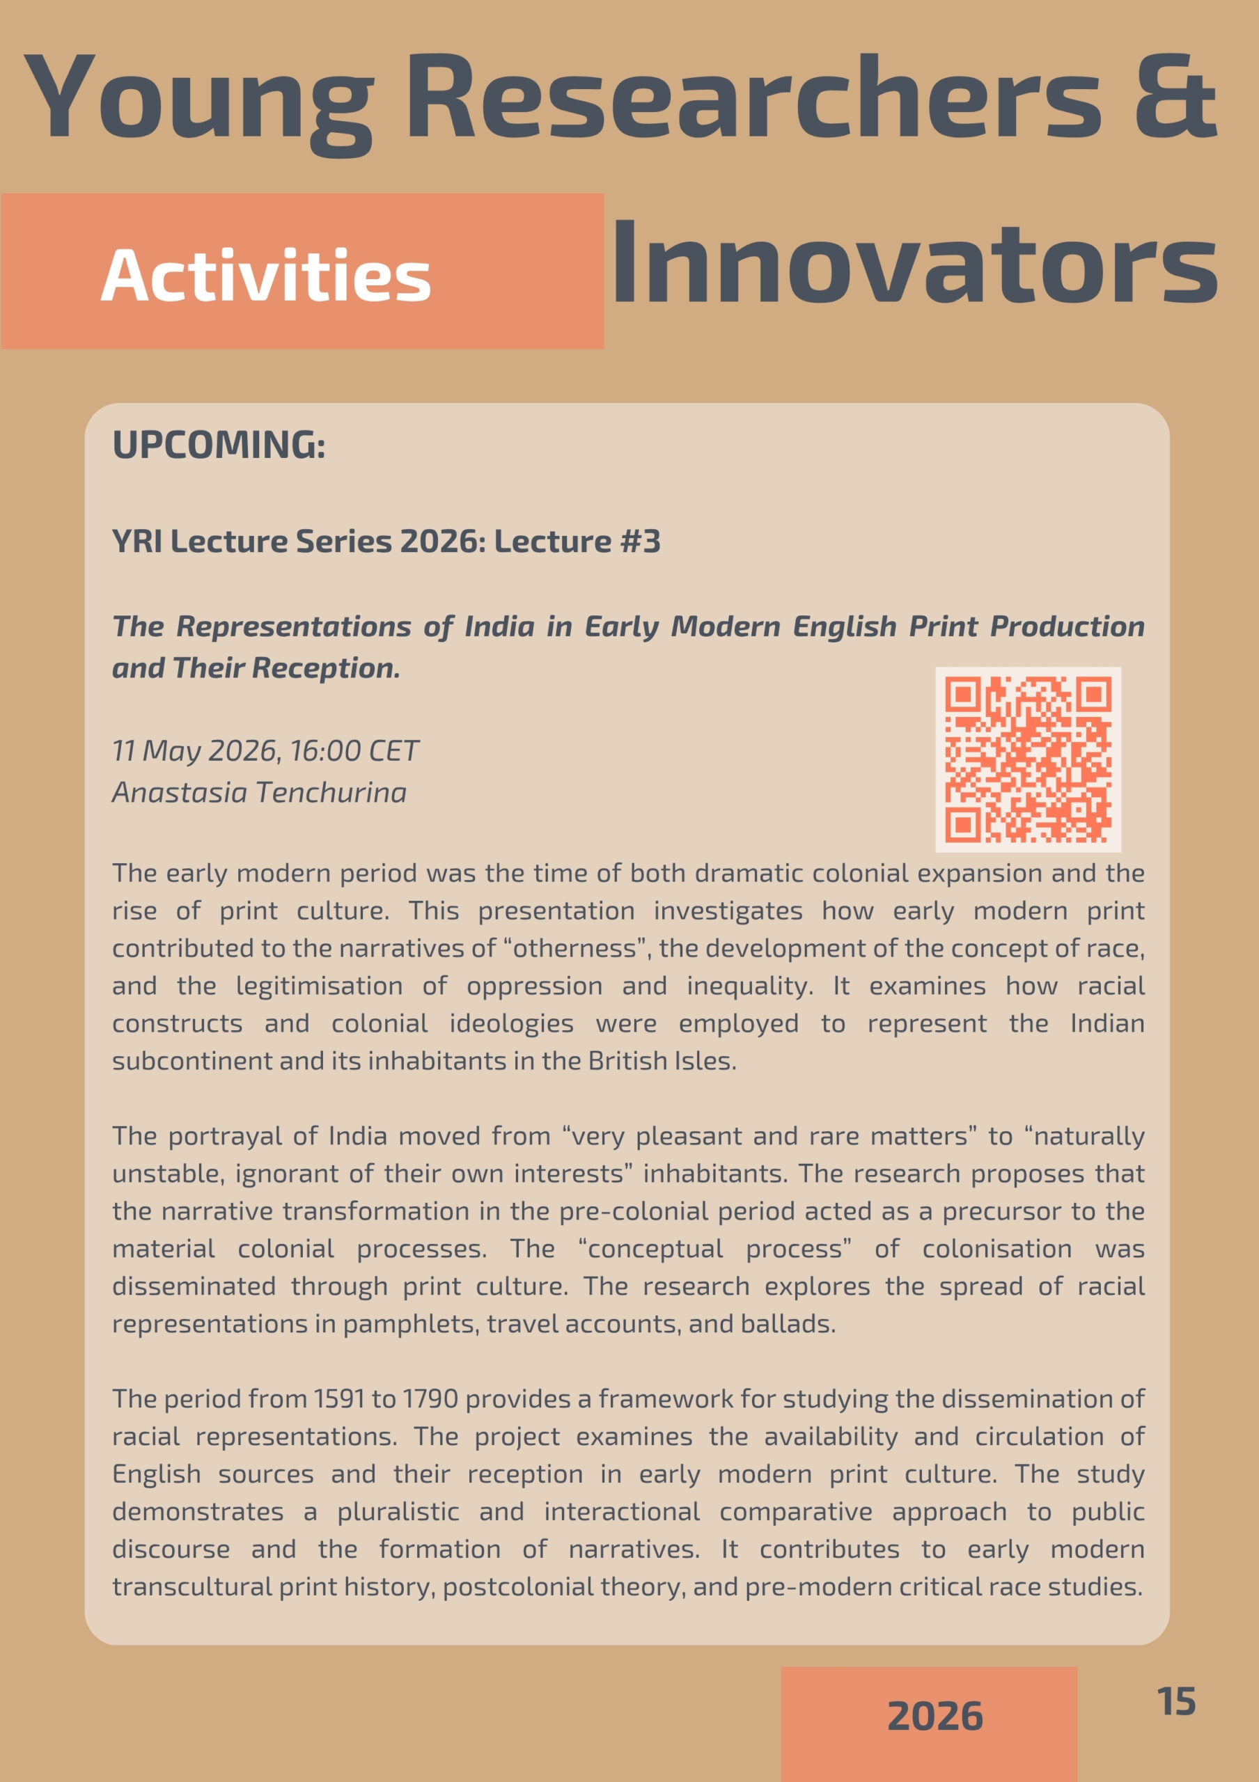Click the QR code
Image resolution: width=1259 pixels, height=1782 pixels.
click(1028, 759)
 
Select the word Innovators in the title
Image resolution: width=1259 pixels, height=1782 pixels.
click(914, 263)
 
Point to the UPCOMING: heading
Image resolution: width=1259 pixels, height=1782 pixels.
click(219, 445)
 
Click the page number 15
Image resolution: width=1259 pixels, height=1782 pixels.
click(1176, 1701)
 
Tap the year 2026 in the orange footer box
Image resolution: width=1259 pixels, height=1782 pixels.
click(935, 1716)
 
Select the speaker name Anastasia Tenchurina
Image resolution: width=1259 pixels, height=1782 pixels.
click(259, 792)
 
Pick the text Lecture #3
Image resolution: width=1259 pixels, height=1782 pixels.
click(577, 541)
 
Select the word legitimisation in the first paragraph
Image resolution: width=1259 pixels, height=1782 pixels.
click(319, 986)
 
